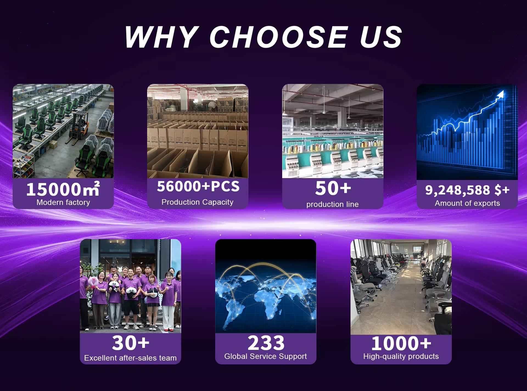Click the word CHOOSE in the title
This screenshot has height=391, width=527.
click(279, 37)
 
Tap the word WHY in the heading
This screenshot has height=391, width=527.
click(161, 37)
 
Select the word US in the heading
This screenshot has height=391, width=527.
click(381, 37)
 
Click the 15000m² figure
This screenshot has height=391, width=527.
click(63, 189)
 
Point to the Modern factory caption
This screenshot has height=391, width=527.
click(63, 202)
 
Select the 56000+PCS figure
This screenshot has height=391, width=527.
click(198, 186)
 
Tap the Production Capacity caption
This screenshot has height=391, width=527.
click(197, 202)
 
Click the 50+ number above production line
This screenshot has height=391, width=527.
click(333, 188)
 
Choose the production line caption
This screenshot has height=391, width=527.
click(332, 204)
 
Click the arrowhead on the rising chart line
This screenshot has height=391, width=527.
click(501, 94)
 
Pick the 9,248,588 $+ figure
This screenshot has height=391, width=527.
click(467, 190)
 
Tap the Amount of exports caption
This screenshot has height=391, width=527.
click(467, 203)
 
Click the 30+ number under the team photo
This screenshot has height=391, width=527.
click(130, 343)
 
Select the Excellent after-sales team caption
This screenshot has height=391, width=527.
click(130, 358)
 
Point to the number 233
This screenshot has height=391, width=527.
click(266, 343)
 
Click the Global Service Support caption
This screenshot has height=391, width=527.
click(265, 356)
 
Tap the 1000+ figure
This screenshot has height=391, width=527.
click(401, 343)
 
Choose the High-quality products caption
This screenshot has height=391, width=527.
click(401, 356)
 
